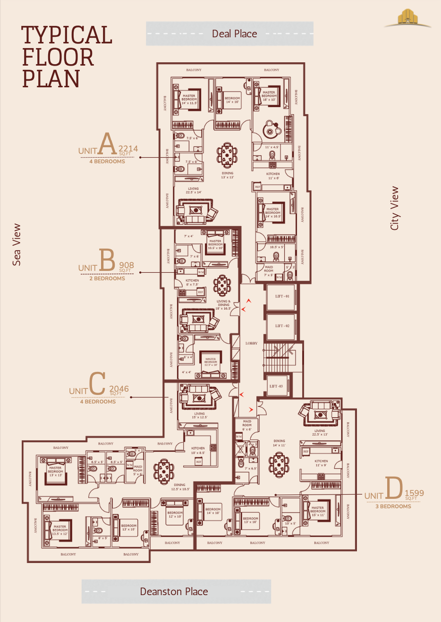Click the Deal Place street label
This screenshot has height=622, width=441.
[x=234, y=34]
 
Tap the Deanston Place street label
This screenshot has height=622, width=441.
[x=174, y=592]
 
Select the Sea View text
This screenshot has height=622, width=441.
[x=17, y=244]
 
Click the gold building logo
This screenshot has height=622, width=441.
[x=407, y=18]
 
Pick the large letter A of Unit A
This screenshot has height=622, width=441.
[x=107, y=144]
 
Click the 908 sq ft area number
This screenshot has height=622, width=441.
[x=127, y=265]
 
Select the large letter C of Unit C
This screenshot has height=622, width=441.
[x=97, y=384]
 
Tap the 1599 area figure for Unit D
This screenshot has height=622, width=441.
[x=414, y=493]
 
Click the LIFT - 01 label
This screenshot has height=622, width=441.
[x=282, y=296]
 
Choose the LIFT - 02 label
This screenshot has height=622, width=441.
[x=282, y=326]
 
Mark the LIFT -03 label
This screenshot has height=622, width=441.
[x=276, y=386]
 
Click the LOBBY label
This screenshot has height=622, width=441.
[x=251, y=343]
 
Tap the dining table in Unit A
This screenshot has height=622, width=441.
[x=227, y=154]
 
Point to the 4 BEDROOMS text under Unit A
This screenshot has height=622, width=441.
[x=107, y=161]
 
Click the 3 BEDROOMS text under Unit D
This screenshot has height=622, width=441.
[x=393, y=506]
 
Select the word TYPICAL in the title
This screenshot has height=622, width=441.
[x=67, y=35]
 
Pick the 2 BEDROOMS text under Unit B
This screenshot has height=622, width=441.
[x=107, y=278]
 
